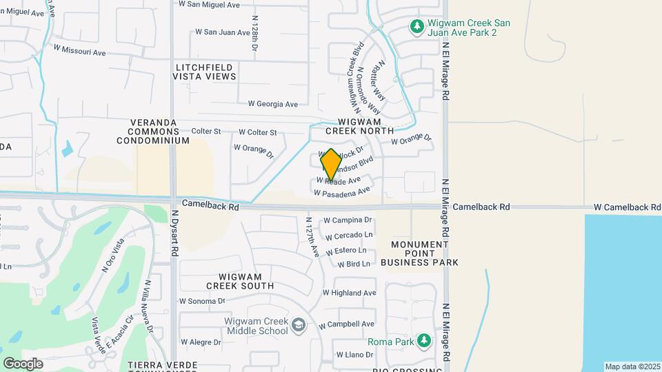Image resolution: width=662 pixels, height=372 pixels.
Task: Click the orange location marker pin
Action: (331, 164)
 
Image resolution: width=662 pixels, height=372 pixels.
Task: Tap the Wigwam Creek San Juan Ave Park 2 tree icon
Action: (417, 27)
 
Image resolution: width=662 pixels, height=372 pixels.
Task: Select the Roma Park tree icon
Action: (425, 341)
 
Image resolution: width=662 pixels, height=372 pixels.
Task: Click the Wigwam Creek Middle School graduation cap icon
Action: (299, 324)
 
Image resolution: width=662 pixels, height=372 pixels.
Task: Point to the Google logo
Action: (23, 363)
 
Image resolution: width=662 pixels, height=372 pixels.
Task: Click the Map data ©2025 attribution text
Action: (632, 366)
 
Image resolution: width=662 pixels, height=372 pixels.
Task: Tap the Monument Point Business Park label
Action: (424, 254)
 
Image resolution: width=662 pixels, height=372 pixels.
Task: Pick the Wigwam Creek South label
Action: (240, 280)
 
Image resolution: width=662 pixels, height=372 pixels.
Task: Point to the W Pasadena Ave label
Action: (342, 192)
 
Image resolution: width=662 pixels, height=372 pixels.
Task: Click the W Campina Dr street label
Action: (348, 220)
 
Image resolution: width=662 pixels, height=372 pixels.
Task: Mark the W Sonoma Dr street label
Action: (202, 301)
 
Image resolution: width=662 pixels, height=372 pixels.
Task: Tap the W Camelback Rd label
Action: (626, 207)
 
